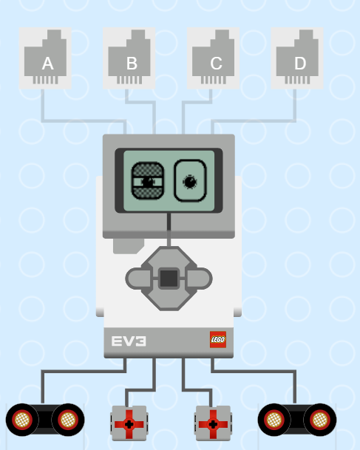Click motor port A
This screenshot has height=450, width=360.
click(x=45, y=58)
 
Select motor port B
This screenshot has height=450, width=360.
click(x=129, y=58)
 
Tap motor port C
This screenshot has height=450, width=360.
click(x=213, y=58)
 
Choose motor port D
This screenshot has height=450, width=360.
click(x=297, y=58)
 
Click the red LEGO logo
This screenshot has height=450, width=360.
click(x=218, y=339)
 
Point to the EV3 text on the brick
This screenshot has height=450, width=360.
click(x=129, y=341)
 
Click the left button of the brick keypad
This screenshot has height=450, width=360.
click(x=138, y=279)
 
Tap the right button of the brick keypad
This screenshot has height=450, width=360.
click(x=200, y=279)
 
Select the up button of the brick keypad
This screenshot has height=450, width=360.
click(x=169, y=258)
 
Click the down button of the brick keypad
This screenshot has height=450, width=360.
click(x=169, y=299)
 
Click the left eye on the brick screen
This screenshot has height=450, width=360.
click(x=148, y=181)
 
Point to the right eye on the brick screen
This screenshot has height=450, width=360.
click(x=190, y=181)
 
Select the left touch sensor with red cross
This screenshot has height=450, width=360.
click(x=129, y=423)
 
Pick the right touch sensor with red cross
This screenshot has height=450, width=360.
click(x=213, y=423)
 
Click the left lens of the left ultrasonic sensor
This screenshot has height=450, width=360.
click(x=22, y=420)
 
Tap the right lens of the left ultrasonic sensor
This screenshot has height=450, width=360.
click(x=68, y=420)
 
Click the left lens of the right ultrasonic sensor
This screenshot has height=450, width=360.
click(x=274, y=420)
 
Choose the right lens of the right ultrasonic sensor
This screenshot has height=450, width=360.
click(x=320, y=420)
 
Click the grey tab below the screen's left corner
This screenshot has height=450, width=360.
click(x=127, y=246)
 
